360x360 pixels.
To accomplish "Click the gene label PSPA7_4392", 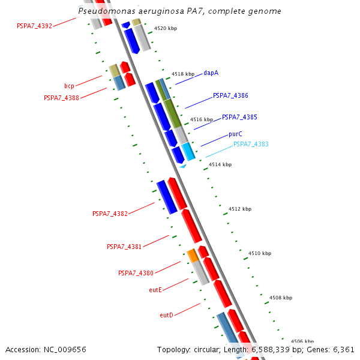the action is point(35,26).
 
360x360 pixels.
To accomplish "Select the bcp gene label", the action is point(69,86).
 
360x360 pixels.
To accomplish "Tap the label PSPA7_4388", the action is point(61,98).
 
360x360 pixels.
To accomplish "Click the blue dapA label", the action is point(211,73).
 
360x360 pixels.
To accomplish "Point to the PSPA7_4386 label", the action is point(230,95).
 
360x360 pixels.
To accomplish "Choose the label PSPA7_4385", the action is point(239,117).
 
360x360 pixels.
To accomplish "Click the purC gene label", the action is point(235,134).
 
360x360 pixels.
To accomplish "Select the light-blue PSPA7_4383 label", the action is point(251,144).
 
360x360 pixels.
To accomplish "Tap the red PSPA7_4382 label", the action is point(110,214).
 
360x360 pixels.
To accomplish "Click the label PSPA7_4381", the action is point(124,247).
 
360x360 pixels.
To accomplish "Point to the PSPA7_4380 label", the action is point(136,273).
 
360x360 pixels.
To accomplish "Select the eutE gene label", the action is point(155,290).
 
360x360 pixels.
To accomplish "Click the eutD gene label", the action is point(166,315).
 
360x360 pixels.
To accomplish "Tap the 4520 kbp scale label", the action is point(166,28).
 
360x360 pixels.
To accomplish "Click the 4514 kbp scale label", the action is point(220,164).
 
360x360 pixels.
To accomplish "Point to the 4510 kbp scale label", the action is point(260,253).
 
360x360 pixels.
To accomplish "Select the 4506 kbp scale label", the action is point(302,341).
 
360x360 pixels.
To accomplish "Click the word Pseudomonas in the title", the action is point(106,11).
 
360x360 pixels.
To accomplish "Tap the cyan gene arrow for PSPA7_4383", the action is point(189,151).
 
